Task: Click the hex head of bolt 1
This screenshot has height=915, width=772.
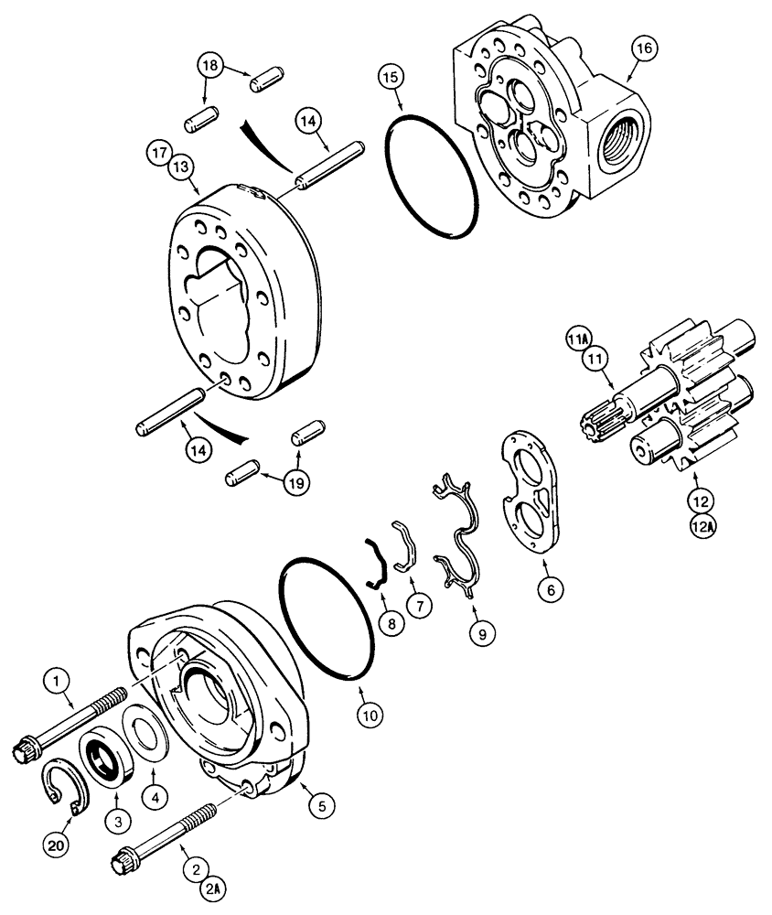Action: click(24, 749)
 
